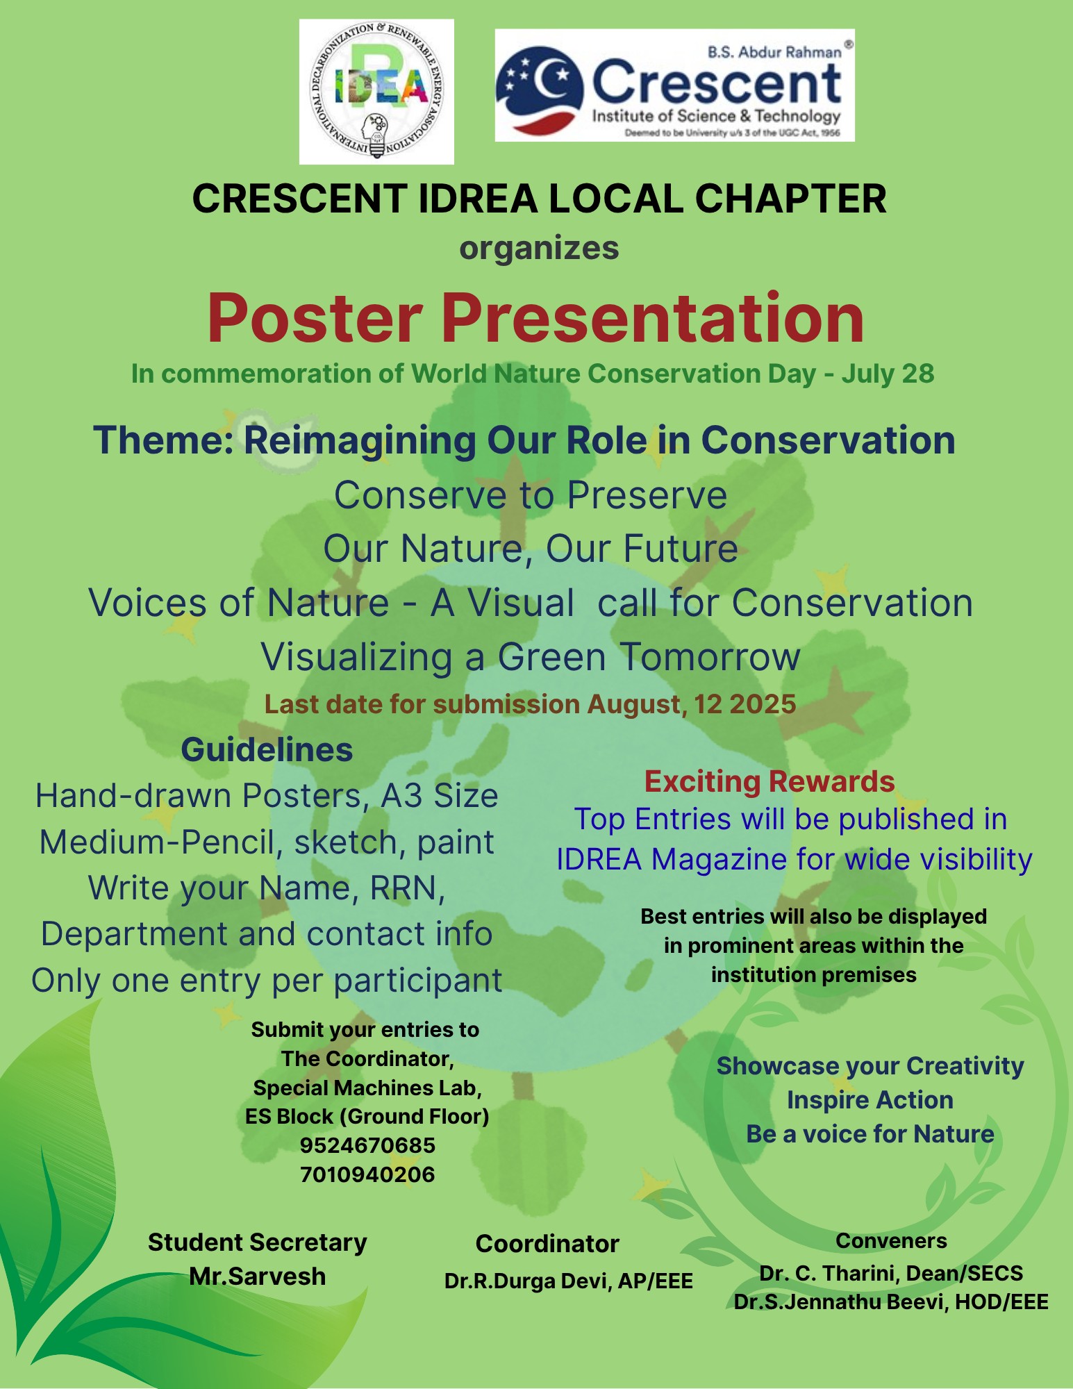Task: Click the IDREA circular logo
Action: (376, 91)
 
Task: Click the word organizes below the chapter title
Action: (538, 249)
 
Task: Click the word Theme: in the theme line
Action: (164, 440)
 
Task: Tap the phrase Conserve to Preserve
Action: (531, 495)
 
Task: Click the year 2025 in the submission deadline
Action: (763, 704)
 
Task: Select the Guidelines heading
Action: (267, 750)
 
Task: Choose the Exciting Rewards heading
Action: (769, 781)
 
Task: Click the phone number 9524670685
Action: (367, 1145)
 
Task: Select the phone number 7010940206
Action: (367, 1174)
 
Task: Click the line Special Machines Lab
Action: (367, 1088)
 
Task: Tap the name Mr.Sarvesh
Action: (257, 1276)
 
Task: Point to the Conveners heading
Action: (891, 1240)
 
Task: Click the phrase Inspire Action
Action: (870, 1100)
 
